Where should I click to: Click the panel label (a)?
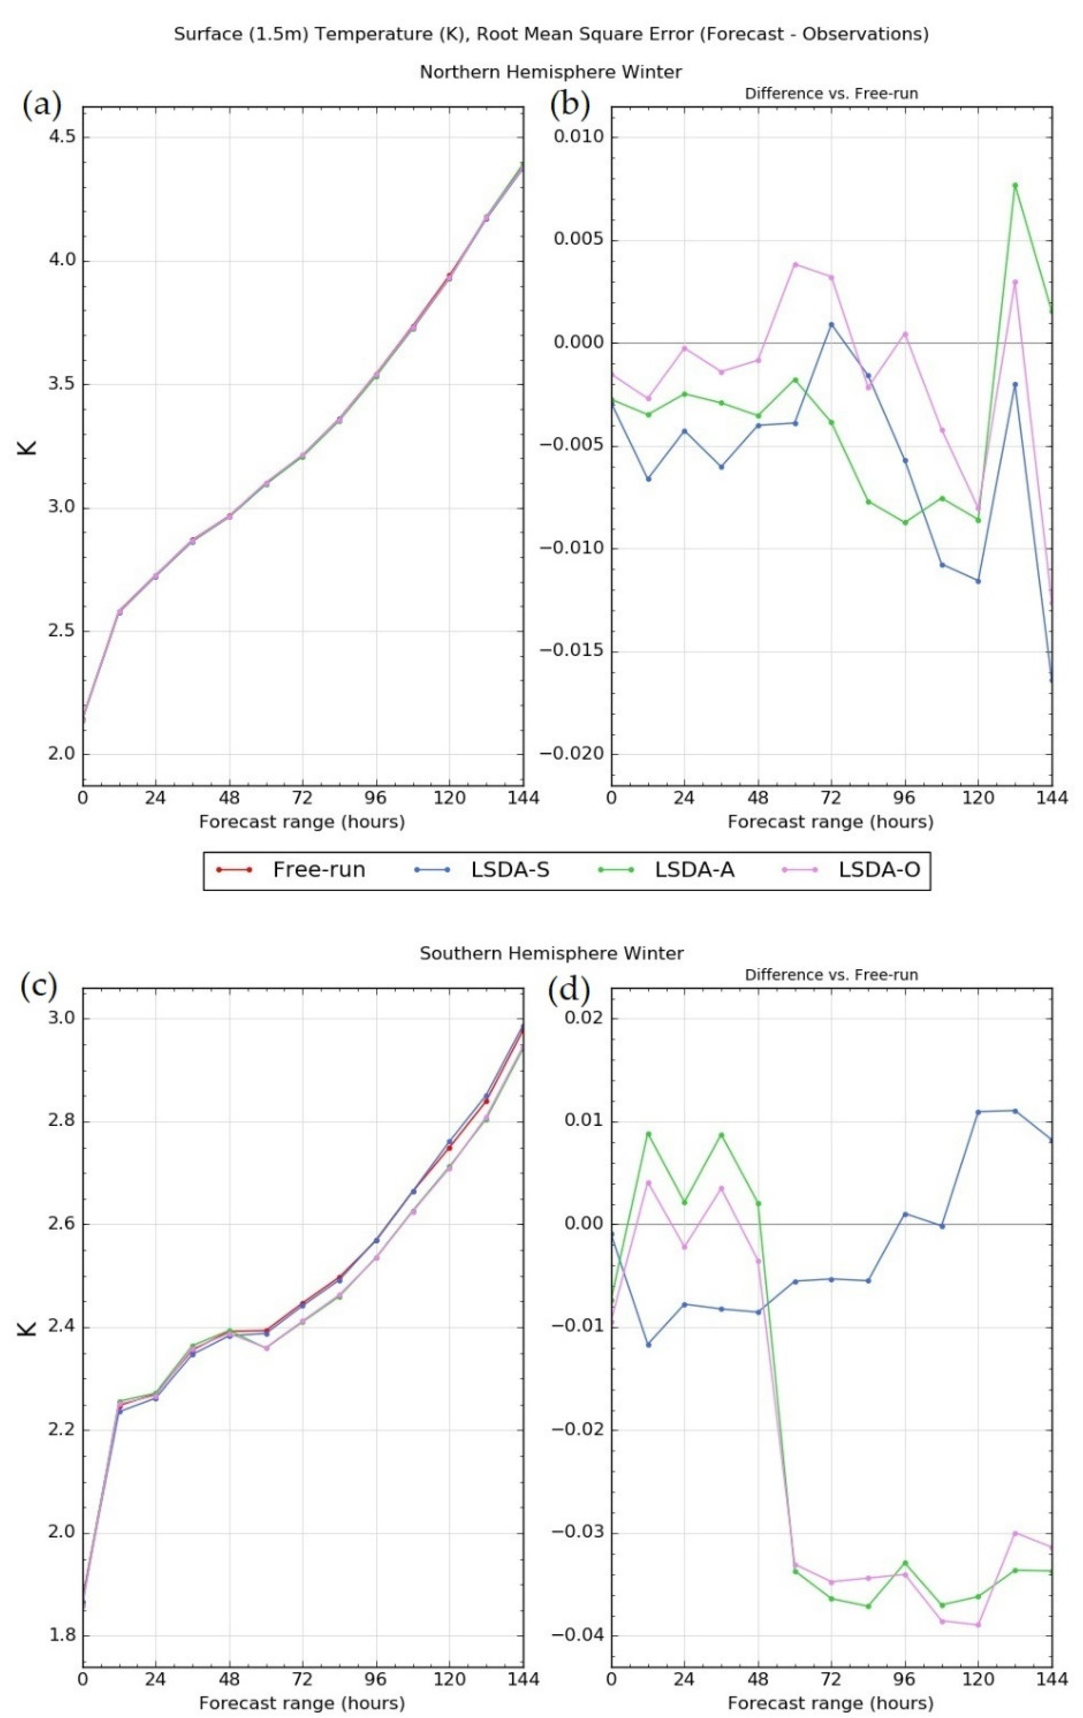pos(42,105)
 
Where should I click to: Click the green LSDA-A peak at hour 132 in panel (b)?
pos(1014,185)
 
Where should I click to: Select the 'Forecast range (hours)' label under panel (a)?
pos(302,822)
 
